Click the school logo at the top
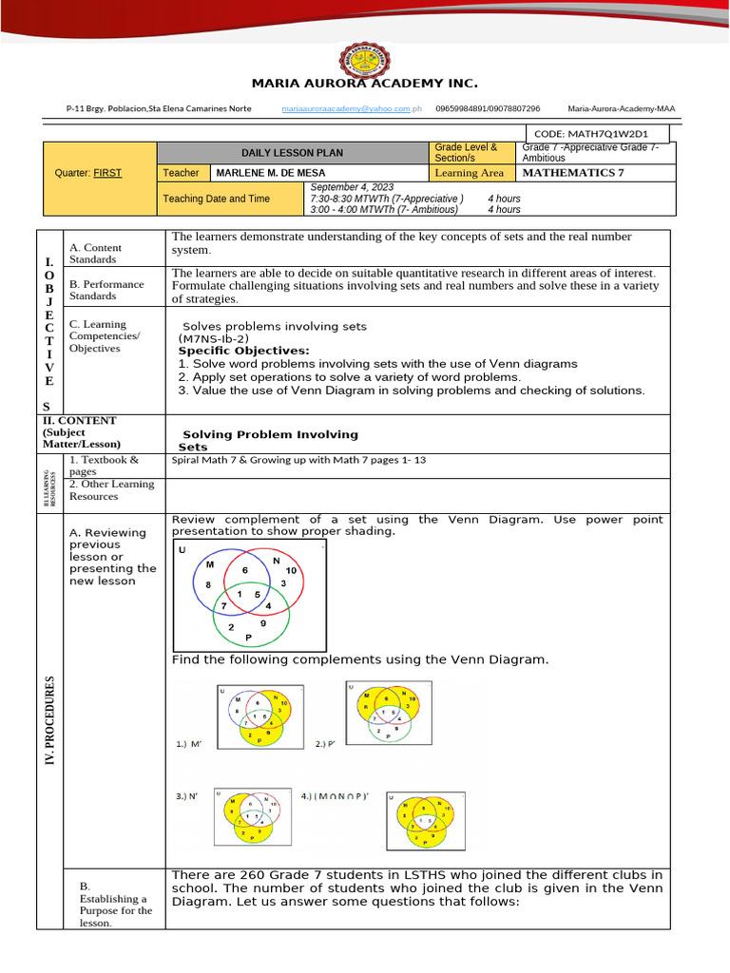(x=364, y=43)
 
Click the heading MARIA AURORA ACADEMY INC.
(x=364, y=84)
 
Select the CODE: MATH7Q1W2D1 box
(x=598, y=135)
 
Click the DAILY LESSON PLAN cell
(x=292, y=153)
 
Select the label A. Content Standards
(x=95, y=254)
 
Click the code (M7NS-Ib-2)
(x=213, y=338)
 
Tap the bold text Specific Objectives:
(x=244, y=351)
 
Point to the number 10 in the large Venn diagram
(x=291, y=570)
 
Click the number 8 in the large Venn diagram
(x=207, y=584)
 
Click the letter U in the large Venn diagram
(x=183, y=551)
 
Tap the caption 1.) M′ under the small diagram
(x=190, y=745)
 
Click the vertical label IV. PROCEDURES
(x=49, y=719)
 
